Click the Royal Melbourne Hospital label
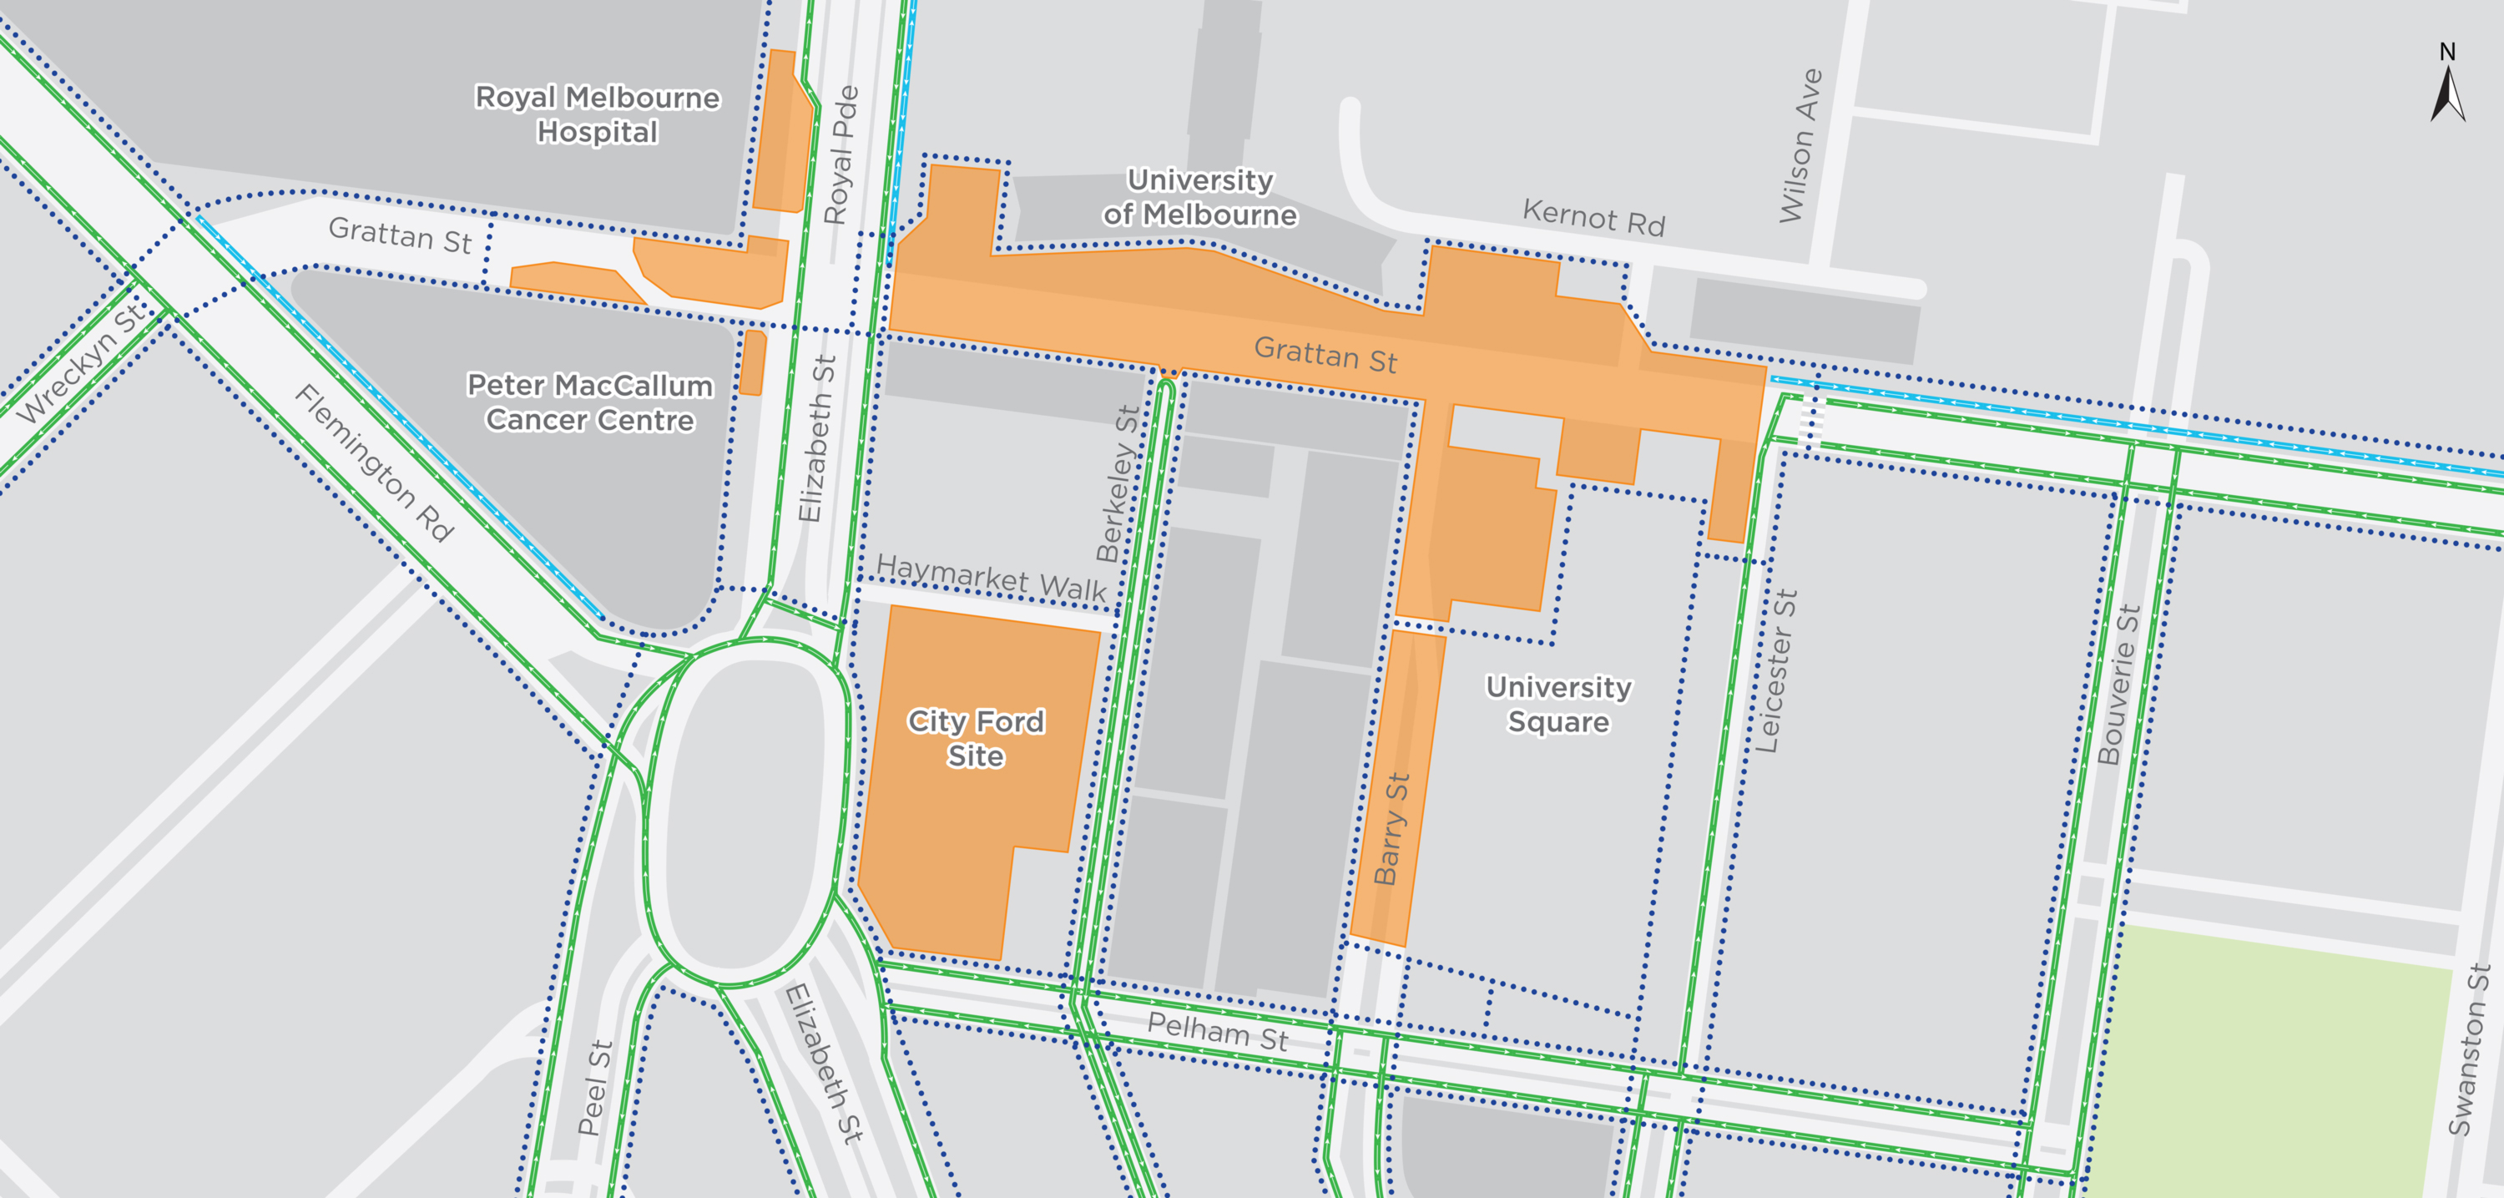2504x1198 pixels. click(597, 114)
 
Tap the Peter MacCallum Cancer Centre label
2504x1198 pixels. click(590, 402)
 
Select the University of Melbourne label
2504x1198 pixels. click(1199, 196)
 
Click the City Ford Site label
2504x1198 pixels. click(976, 738)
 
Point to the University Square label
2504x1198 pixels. click(1558, 704)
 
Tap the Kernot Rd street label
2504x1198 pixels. click(1593, 218)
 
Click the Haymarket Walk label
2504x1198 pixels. click(991, 578)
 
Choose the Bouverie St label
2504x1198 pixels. click(2118, 685)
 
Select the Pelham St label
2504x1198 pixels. click(1217, 1032)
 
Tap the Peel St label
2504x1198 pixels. click(595, 1087)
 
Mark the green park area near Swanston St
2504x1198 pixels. click(2274, 1060)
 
